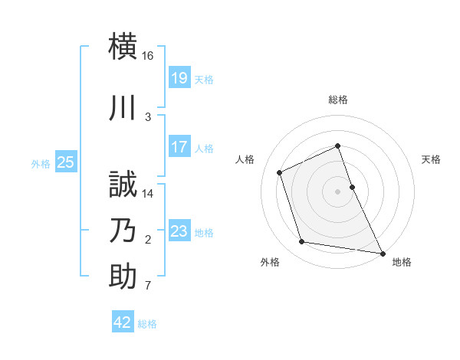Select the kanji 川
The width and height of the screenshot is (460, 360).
pos(123,108)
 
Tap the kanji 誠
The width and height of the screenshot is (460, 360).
pos(123,185)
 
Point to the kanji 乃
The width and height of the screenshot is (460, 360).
pos(123,231)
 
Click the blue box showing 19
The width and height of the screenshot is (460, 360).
pos(179,78)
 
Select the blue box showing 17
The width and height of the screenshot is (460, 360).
pos(179,147)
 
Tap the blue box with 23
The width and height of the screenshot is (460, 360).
pos(179,231)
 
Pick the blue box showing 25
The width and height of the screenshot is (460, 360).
pos(66,162)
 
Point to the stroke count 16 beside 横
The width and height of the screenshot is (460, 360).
pos(148,56)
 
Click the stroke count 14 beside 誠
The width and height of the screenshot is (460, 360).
pos(148,194)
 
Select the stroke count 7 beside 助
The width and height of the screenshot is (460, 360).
pos(148,286)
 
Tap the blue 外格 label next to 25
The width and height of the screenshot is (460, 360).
pos(41,163)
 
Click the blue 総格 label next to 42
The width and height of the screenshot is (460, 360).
pos(147,324)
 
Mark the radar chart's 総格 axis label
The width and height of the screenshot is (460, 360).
pos(338,100)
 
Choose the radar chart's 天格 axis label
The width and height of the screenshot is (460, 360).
pos(432,159)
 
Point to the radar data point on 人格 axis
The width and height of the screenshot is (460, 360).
pos(280,172)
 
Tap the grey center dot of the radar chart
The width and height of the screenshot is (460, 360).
pos(338,191)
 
